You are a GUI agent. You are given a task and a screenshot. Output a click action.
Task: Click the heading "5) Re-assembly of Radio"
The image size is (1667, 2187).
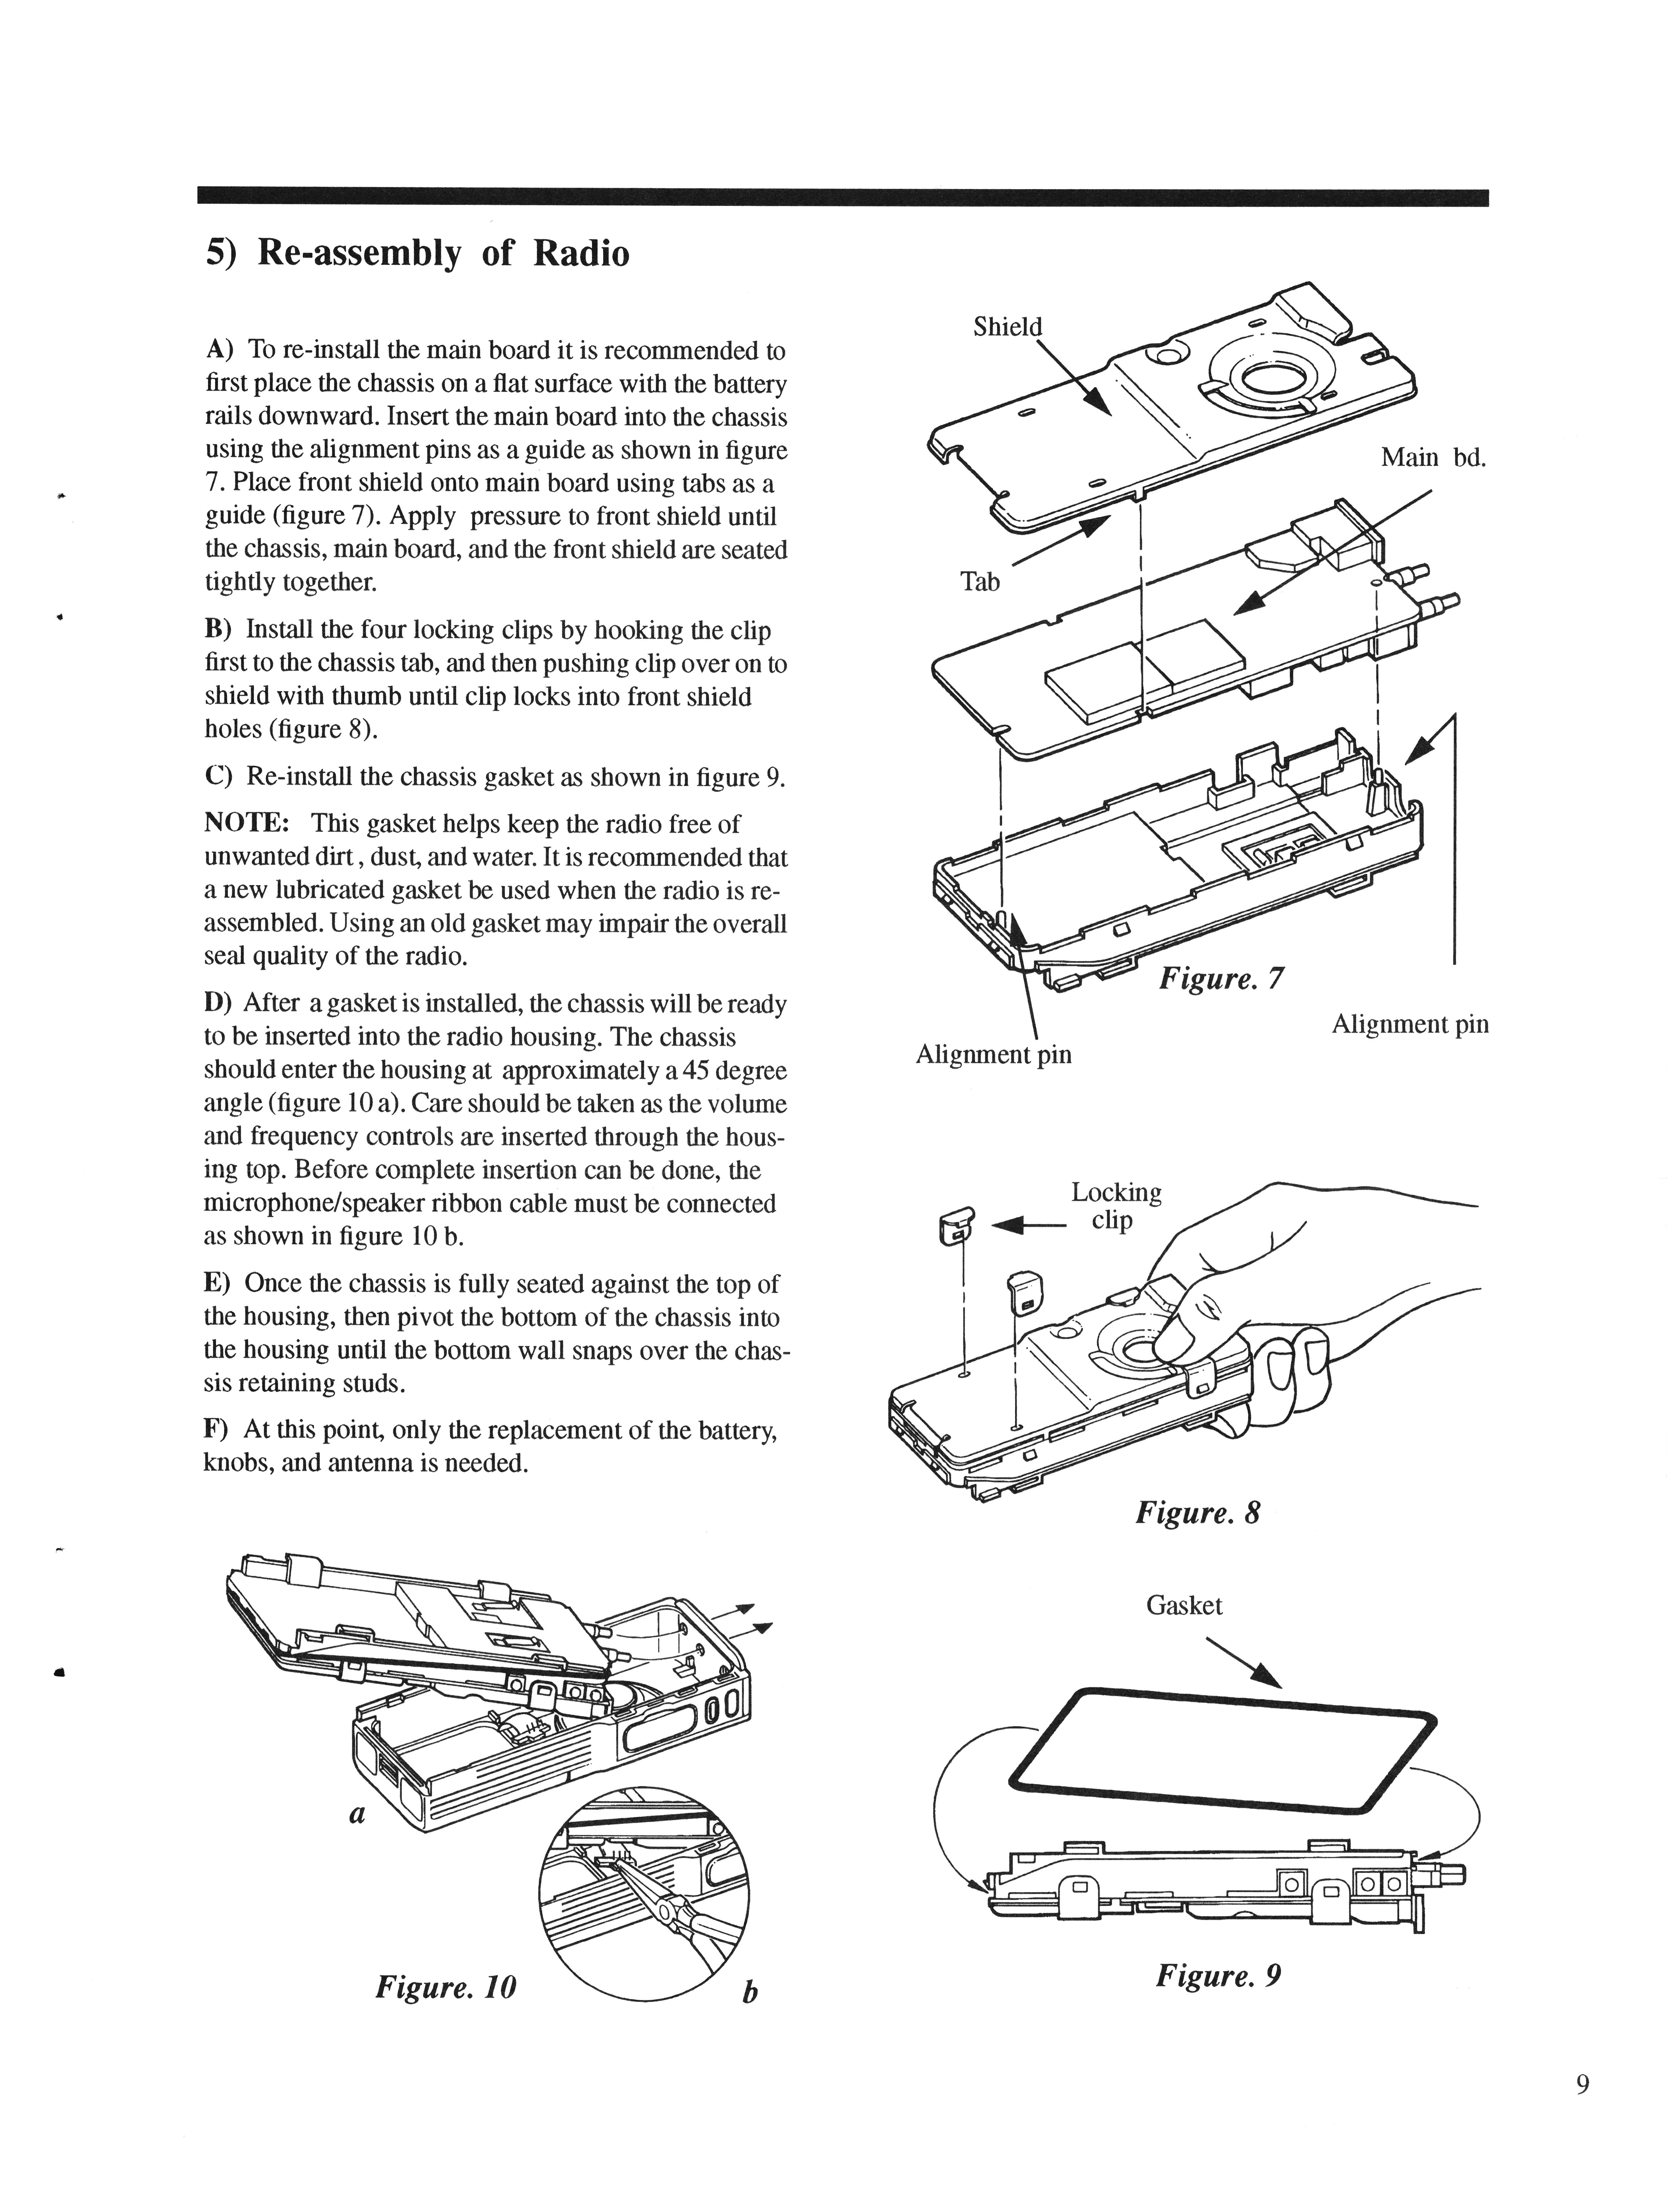point(417,254)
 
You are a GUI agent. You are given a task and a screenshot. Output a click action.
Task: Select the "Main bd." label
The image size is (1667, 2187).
point(1433,457)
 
